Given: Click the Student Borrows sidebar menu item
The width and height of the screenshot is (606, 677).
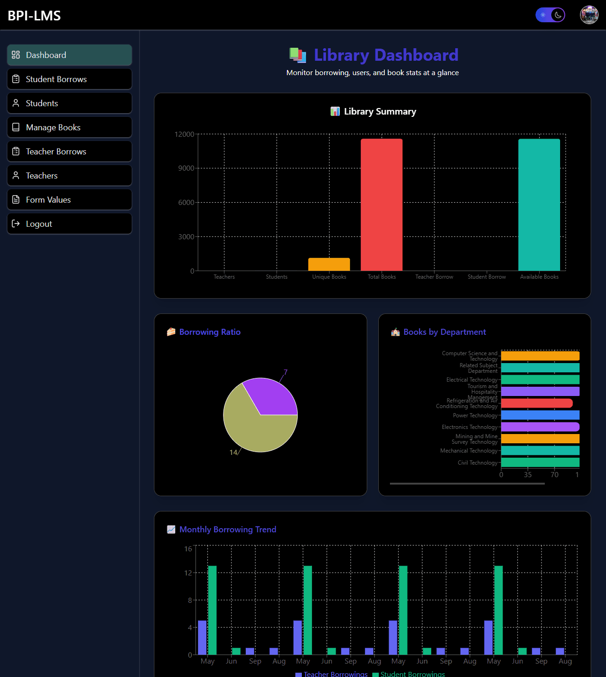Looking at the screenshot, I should [70, 79].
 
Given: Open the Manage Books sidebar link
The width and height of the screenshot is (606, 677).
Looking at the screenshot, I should [70, 128].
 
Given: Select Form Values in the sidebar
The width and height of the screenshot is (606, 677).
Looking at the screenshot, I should [70, 200].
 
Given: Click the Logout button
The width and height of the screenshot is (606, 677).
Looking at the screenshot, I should [70, 224].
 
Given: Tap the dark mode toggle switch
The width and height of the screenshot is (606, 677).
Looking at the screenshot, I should [550, 15].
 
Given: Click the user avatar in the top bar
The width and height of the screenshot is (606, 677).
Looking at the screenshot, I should [589, 15].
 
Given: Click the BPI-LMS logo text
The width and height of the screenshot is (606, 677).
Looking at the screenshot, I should [34, 16].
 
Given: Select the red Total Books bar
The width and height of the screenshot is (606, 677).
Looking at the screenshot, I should [382, 204].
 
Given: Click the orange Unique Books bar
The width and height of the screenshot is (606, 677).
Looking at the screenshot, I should [329, 264].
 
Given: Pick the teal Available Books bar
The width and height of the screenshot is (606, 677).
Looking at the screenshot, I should [539, 204].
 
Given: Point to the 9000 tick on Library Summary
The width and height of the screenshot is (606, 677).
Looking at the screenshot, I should [186, 168].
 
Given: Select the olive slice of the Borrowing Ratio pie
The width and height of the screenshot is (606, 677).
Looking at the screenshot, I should [253, 429].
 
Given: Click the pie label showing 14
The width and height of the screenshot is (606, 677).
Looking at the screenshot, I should [233, 453].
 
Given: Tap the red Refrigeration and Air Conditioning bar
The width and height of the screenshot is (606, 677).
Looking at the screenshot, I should [536, 403].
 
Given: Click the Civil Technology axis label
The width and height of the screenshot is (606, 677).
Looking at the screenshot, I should [477, 463].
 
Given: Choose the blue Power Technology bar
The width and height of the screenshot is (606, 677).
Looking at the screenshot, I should [540, 415].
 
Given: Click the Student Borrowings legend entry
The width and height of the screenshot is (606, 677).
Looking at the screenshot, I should [408, 674].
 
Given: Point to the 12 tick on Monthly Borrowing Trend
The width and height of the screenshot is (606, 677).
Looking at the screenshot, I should [188, 573].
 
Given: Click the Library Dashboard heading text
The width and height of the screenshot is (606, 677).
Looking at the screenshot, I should [386, 55].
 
